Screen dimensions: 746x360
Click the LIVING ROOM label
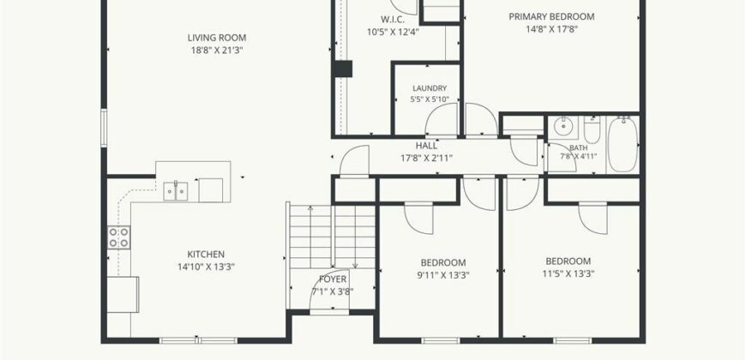point(216,38)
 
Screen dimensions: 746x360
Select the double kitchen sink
point(176,191)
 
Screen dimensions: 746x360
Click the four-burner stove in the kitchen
point(119,237)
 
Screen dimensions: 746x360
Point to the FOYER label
point(333,279)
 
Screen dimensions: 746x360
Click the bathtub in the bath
point(623,145)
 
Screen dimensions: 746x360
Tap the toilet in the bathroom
point(592,129)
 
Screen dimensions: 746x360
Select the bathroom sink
point(563,127)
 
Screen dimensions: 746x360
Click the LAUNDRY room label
point(429,88)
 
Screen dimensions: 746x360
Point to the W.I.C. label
point(392,20)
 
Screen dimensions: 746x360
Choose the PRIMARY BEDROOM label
point(551,16)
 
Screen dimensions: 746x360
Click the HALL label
point(426,146)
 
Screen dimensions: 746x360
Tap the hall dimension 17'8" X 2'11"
point(426,158)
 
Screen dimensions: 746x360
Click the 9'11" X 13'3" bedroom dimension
point(442,275)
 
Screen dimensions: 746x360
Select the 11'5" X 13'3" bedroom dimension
point(568,273)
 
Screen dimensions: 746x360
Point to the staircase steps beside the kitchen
point(332,237)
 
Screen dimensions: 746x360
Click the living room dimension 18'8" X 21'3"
point(216,50)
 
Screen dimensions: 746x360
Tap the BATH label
point(578,148)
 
